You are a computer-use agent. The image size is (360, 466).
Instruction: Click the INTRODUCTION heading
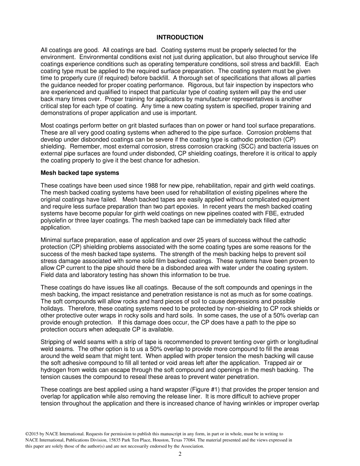180,38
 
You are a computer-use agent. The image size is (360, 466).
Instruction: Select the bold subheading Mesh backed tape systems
80,173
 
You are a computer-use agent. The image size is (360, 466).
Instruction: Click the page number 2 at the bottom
180,454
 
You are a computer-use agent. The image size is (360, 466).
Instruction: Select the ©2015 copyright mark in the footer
31,433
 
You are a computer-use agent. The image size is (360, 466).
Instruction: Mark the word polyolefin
53,220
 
